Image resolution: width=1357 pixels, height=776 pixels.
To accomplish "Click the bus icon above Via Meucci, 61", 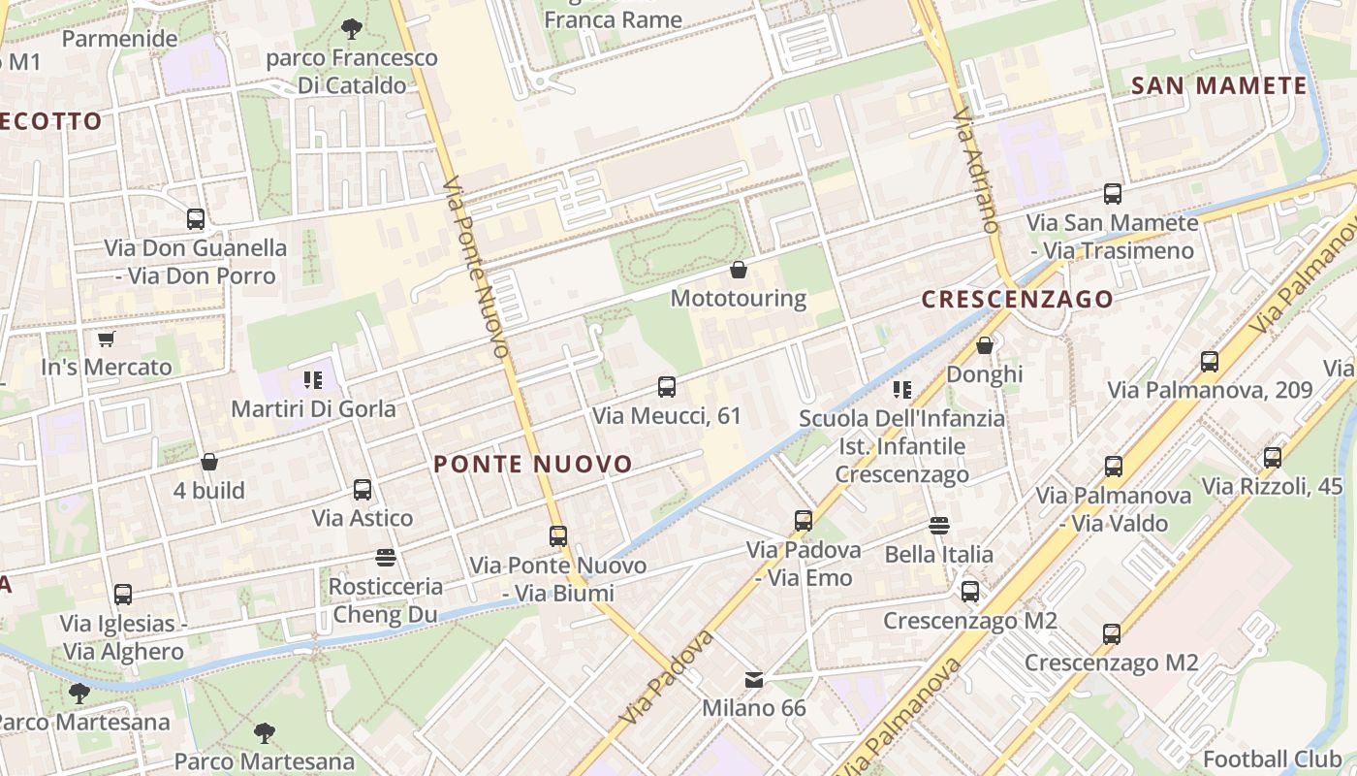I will [x=667, y=387].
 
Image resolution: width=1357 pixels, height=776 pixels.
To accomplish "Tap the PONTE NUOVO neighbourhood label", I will [x=533, y=465].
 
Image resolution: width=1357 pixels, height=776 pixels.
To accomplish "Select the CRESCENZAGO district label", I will [x=1017, y=299].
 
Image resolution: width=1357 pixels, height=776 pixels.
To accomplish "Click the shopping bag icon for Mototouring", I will [x=739, y=269].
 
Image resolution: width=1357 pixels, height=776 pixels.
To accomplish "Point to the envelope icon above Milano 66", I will [x=754, y=679].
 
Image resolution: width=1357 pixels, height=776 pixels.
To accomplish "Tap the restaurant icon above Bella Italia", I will [x=938, y=526].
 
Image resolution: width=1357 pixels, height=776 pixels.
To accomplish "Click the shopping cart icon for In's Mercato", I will [x=106, y=339].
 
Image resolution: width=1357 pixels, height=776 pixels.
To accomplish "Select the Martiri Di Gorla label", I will [x=313, y=408].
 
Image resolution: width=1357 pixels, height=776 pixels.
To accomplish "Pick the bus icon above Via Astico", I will [x=363, y=490].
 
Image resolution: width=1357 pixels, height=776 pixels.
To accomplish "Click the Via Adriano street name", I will [x=975, y=171].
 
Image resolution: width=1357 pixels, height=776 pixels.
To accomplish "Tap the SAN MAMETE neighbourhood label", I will [x=1219, y=85].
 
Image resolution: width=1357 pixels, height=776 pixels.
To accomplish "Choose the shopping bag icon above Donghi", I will [x=985, y=345].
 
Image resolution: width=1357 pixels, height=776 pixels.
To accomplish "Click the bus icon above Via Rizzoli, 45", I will [x=1273, y=457].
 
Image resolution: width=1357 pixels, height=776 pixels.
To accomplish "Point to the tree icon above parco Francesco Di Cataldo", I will [x=352, y=29].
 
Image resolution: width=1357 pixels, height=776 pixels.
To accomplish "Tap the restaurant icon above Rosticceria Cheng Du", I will [x=386, y=558].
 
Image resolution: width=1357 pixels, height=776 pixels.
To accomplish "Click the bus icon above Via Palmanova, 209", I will [x=1210, y=362].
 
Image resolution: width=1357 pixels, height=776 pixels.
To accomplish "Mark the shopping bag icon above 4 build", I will [x=209, y=462].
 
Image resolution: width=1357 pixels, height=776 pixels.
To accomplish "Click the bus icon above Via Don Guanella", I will [x=196, y=219].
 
